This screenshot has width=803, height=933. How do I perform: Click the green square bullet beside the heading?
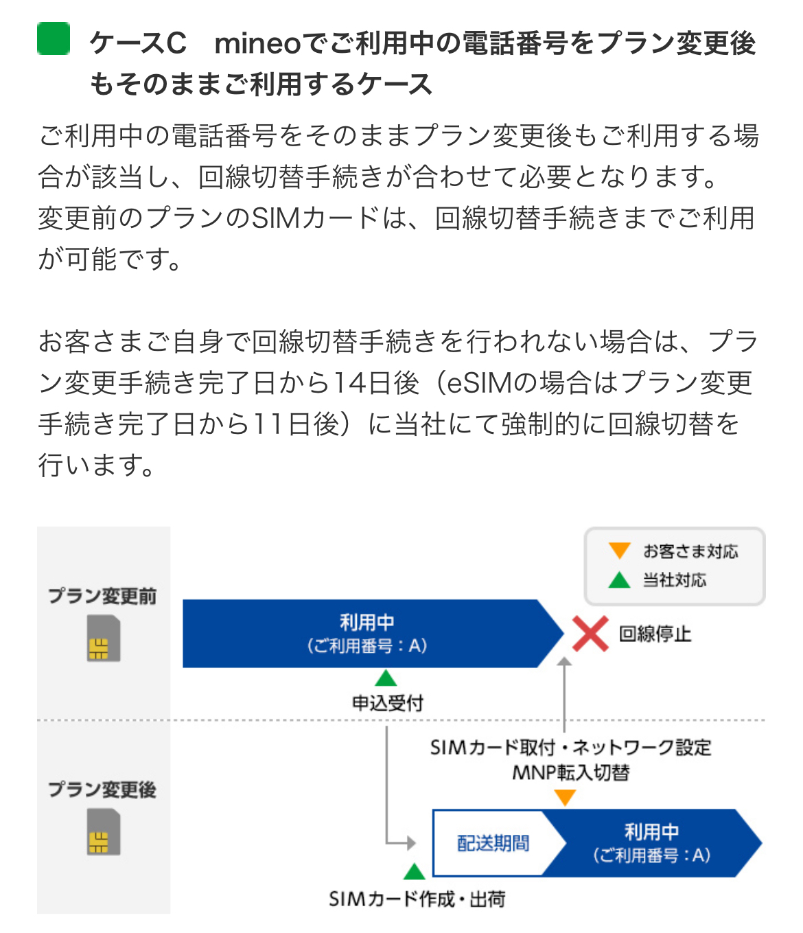pos(54,38)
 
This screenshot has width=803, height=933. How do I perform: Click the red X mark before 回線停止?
pos(590,633)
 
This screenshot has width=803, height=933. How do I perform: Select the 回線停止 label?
pos(655,634)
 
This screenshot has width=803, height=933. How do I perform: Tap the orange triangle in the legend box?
pos(619,551)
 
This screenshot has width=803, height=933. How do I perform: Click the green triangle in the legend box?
pos(619,580)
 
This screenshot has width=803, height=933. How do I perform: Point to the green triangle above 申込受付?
pos(386,679)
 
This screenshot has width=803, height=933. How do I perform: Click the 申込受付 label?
pos(388,703)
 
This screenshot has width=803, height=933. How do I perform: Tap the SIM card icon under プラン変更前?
pos(104,638)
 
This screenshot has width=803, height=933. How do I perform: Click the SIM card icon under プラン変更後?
pos(104,832)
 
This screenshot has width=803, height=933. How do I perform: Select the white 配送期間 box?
pos(493,843)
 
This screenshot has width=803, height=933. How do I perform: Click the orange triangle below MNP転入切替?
pos(565,798)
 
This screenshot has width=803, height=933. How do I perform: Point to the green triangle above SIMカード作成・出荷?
pos(414,872)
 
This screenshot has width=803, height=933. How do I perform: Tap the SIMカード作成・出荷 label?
pos(417,899)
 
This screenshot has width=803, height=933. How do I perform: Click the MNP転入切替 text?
pos(571,773)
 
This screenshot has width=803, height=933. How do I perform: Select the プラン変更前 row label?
pos(102,596)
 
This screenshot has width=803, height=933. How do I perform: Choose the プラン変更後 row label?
pos(102,790)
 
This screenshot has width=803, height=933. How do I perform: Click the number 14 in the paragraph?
pos(349,383)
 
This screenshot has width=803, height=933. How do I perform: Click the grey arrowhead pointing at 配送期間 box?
pos(411,843)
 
